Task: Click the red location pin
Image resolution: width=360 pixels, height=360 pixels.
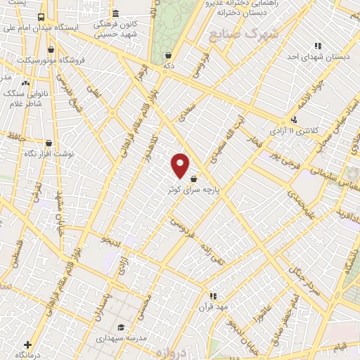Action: [180, 165]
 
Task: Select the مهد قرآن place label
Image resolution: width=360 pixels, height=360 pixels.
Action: [212, 307]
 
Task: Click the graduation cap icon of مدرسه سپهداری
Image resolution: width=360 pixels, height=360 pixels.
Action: [121, 328]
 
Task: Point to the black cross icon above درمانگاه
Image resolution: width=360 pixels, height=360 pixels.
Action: [27, 345]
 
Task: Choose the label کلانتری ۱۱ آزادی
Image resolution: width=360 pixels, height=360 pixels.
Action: [296, 131]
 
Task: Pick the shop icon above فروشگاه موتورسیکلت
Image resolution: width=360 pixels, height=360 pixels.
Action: [51, 50]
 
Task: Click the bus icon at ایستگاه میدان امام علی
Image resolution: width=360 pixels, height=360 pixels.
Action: [41, 17]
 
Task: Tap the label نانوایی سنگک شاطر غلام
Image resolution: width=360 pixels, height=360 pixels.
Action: [22, 98]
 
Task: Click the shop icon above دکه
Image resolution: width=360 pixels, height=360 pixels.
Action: [168, 54]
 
